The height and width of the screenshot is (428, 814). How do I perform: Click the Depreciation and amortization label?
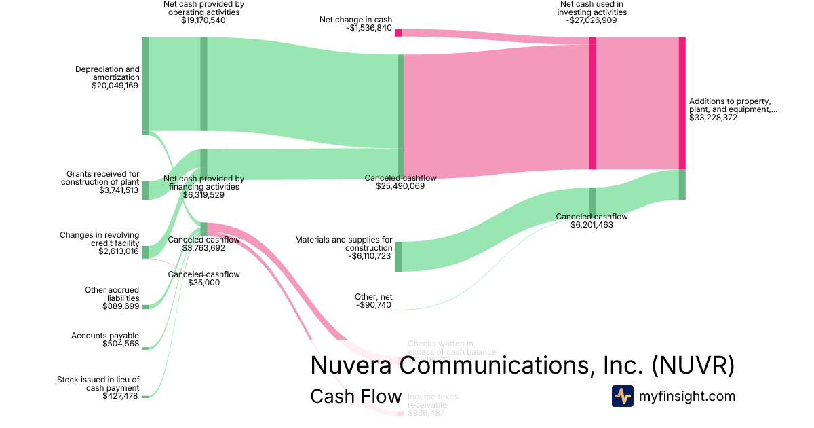coord(107,73)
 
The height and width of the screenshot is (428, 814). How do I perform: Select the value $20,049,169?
coord(115,86)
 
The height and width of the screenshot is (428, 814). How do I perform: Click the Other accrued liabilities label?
coord(112,294)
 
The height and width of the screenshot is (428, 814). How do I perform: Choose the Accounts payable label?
coord(105,336)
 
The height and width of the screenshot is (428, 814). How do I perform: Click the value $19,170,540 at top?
coord(203,20)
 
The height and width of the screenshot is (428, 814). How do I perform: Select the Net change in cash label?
coord(356,20)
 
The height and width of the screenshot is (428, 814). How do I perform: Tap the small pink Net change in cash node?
coord(398,33)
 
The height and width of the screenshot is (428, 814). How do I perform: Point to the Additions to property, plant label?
coord(733,105)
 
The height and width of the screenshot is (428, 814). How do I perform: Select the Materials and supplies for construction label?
coord(343,244)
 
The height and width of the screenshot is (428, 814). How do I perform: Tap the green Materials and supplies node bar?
coord(398,257)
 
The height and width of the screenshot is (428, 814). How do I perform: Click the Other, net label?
coord(373,297)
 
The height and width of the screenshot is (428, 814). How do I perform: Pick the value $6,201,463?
coord(592,225)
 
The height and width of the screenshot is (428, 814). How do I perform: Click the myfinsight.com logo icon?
coord(622,396)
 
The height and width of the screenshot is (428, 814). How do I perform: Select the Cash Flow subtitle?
coord(355,396)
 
